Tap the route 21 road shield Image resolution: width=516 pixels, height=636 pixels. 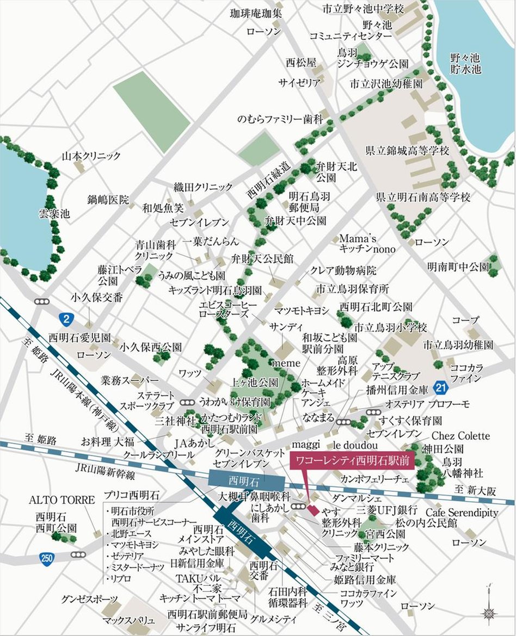442,387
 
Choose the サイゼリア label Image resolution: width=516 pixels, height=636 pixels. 299,83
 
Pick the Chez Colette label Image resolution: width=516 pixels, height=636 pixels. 460,436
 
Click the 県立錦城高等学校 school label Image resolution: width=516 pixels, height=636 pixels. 407,151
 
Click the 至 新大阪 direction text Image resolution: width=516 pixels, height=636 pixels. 477,490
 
